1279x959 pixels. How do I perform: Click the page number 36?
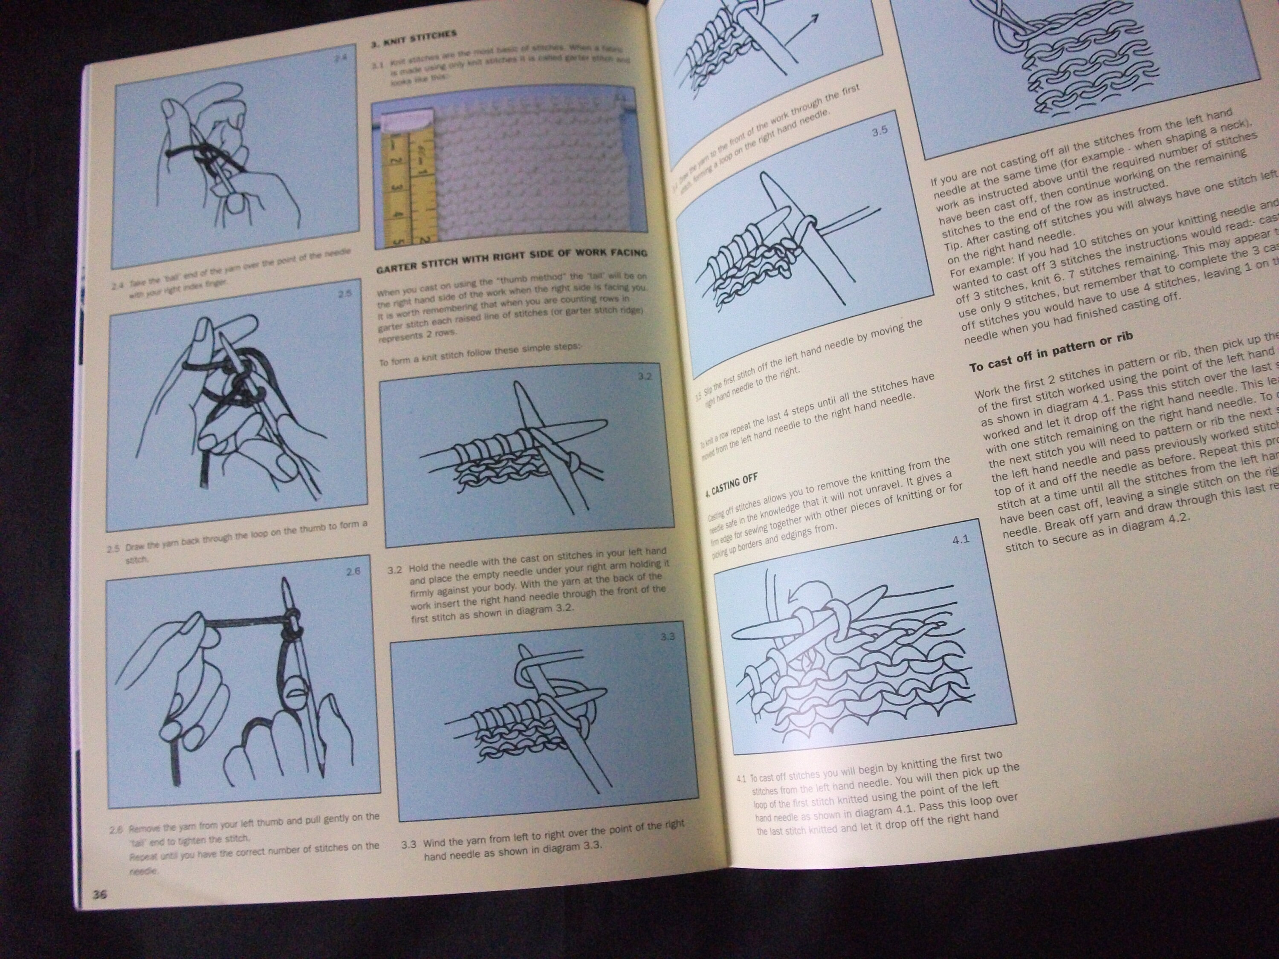(x=99, y=894)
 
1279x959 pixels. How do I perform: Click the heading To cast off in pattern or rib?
(x=1050, y=352)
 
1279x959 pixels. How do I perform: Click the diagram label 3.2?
(x=644, y=376)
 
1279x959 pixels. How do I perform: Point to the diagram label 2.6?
(x=353, y=572)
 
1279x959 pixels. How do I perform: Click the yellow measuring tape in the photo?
(x=408, y=185)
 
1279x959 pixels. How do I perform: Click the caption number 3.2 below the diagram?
(x=394, y=570)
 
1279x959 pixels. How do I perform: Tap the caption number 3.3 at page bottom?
(x=409, y=844)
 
